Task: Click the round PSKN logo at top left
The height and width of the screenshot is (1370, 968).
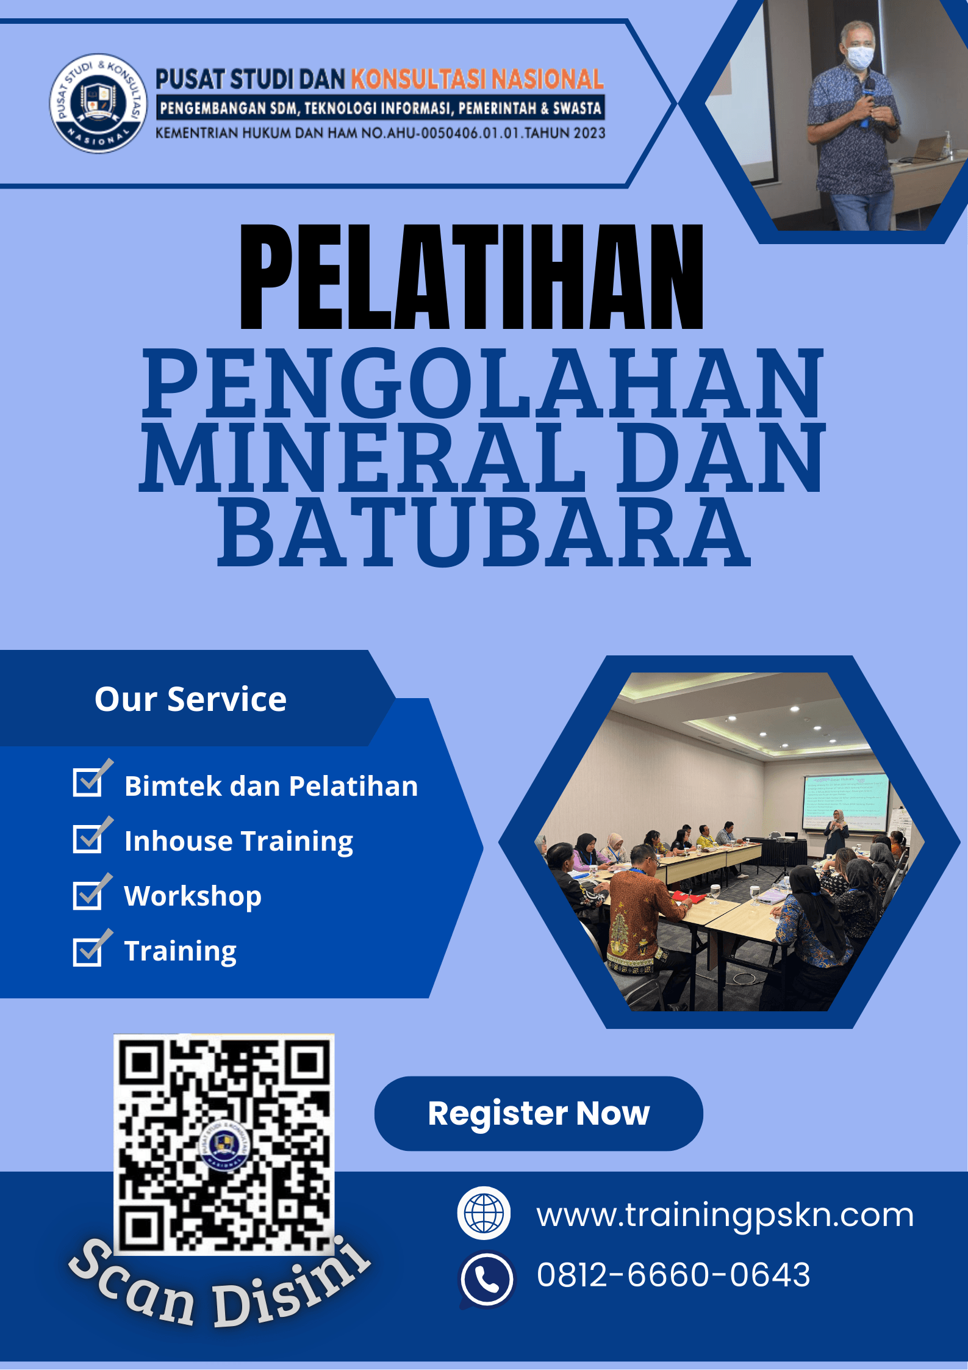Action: (98, 103)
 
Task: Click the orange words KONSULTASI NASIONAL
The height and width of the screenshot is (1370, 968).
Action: (477, 79)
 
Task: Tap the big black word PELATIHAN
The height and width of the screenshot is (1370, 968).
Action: (471, 277)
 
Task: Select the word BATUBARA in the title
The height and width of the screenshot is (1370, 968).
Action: (484, 530)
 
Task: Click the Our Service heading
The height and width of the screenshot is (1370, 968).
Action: (190, 699)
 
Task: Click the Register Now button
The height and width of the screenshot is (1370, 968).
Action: (539, 1114)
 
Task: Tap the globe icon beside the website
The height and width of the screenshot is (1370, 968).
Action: (484, 1213)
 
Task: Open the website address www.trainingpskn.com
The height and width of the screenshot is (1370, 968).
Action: (725, 1214)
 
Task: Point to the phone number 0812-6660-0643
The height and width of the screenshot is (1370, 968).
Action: (673, 1275)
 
